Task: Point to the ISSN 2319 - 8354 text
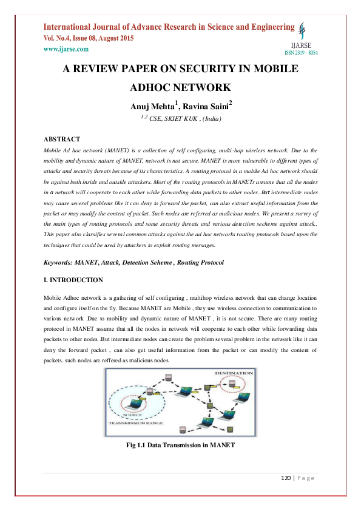click(301, 53)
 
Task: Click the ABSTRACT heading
click(62, 139)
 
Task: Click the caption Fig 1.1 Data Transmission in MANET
click(180, 446)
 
